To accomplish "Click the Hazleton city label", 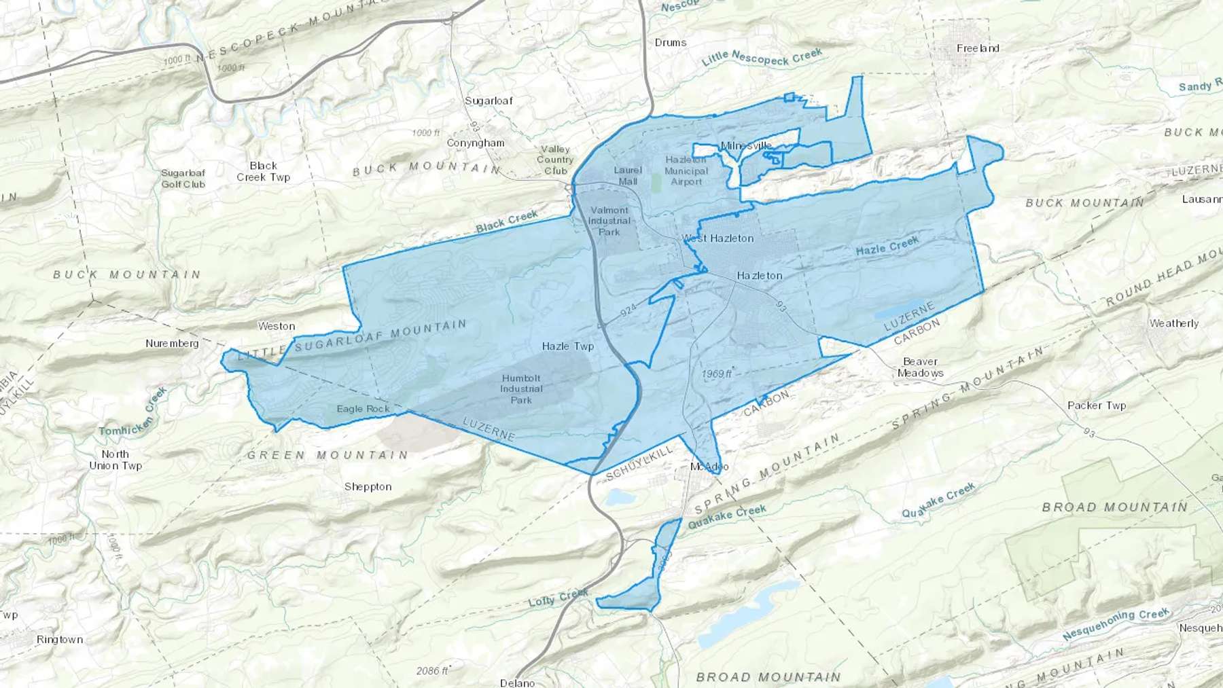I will click(760, 276).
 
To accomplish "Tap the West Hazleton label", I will click(718, 238).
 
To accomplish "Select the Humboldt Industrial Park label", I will click(521, 389).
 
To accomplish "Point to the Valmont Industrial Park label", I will click(609, 221).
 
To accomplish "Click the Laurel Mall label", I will click(628, 176).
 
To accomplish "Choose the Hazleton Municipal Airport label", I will click(686, 170).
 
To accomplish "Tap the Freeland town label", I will click(978, 48).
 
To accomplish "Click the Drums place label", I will click(671, 42).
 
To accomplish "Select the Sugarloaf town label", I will click(489, 101).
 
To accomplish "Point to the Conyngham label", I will click(476, 143).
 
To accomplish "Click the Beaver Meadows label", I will click(920, 367).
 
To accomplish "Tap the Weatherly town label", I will click(1173, 323).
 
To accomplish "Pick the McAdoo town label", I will click(709, 467).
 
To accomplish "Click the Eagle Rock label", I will click(363, 409).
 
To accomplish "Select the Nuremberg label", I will click(172, 344).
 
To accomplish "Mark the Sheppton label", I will click(368, 487).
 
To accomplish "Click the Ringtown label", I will click(60, 640).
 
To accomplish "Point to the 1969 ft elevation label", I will click(717, 374).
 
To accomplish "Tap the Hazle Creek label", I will click(887, 246).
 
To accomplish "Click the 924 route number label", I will click(628, 310).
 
